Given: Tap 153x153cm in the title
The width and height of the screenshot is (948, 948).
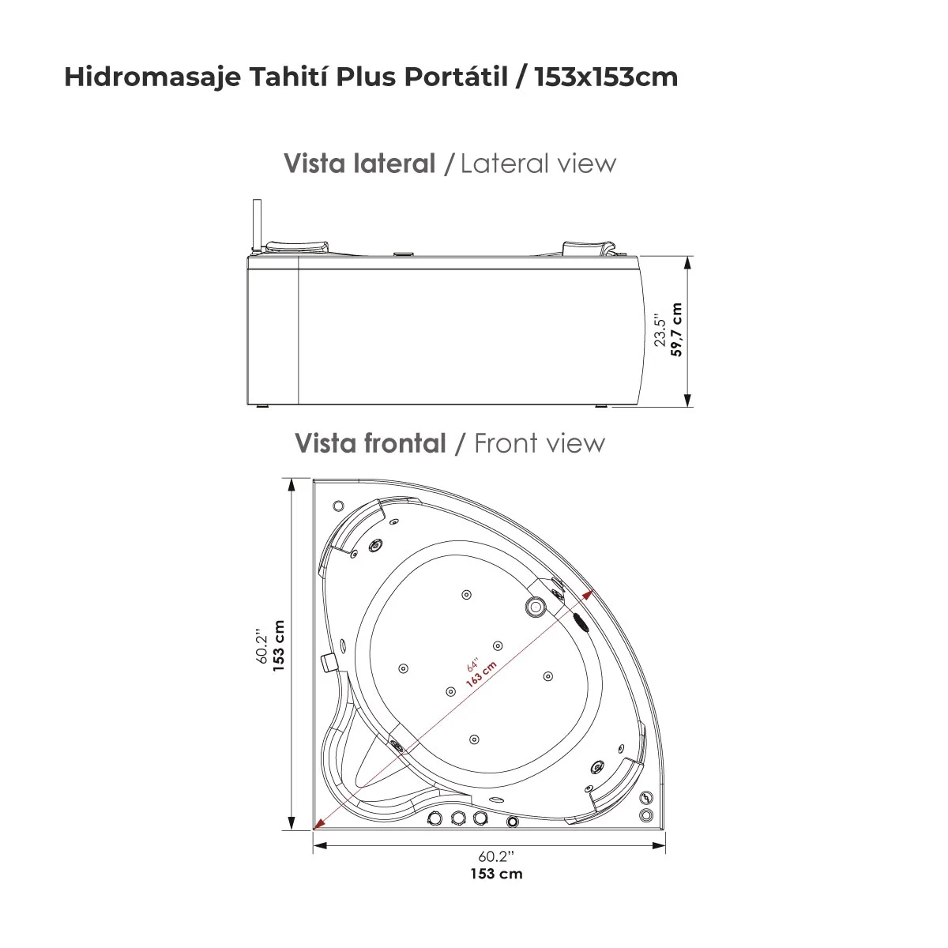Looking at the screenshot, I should tap(606, 77).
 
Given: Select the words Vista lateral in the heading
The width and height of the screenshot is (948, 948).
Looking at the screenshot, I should tap(359, 164).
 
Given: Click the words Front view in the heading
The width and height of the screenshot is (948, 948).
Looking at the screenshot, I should tap(539, 443).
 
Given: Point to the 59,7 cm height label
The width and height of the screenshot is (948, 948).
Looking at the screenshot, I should tap(676, 330).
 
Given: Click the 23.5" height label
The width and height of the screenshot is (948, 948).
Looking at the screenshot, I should tap(660, 330).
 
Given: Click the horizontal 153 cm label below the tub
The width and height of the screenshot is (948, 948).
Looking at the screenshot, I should tap(496, 873).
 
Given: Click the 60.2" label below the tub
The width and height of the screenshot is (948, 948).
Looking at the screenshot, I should tap(496, 856).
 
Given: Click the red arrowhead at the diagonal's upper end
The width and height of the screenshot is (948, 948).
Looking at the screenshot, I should tap(589, 594).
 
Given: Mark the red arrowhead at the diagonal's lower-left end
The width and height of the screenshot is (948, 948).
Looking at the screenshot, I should tap(318, 826).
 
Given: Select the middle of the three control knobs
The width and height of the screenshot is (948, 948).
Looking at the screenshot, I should tap(457, 818).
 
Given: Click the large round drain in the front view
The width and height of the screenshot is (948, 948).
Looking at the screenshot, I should tap(536, 607).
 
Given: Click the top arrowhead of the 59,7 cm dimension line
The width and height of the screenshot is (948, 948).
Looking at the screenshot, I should tap(688, 261).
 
